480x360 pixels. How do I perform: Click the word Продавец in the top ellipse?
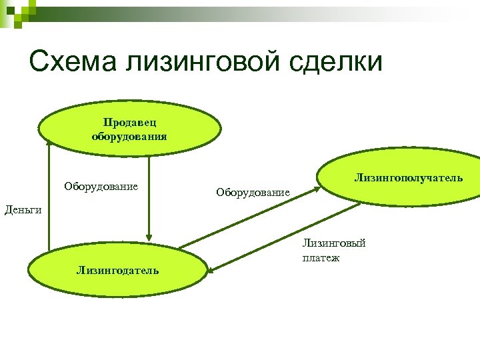click(129, 122)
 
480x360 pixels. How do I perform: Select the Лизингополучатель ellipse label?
click(408, 179)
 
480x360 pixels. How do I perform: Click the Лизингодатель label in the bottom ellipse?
click(117, 270)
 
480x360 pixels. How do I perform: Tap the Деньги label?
click(23, 210)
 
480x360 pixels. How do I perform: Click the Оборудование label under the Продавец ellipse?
click(101, 186)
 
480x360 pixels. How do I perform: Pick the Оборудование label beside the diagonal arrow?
click(253, 193)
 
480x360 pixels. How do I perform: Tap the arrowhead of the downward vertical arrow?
click(149, 235)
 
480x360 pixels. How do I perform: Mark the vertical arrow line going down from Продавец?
click(149, 193)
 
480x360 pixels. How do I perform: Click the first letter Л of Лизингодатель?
click(80, 270)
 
